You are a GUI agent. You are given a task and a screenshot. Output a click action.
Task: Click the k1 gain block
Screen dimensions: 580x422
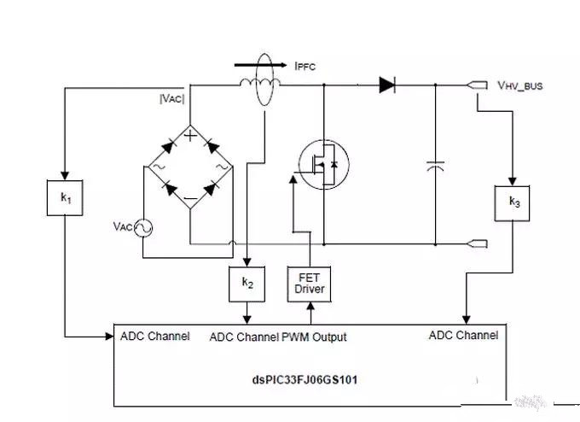tap(65, 197)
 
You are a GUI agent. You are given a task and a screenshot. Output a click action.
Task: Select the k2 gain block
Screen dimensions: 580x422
tap(247, 284)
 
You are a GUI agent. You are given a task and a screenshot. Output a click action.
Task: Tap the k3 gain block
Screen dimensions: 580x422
tap(512, 203)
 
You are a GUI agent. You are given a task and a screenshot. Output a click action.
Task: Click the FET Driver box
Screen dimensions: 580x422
tap(310, 284)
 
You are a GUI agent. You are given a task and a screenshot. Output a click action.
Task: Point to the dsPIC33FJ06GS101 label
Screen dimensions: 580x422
tap(304, 380)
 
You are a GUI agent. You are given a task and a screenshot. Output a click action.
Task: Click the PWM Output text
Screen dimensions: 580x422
tap(314, 337)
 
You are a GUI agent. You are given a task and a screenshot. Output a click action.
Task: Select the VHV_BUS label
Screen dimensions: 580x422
tap(520, 85)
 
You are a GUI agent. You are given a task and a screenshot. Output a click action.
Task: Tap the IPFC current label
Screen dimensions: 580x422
tap(305, 67)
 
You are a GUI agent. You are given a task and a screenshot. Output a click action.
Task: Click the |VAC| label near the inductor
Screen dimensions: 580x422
tap(172, 98)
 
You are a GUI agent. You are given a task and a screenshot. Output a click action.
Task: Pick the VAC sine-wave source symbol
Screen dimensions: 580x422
tap(142, 228)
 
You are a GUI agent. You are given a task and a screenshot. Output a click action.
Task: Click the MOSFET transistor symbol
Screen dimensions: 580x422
tap(323, 165)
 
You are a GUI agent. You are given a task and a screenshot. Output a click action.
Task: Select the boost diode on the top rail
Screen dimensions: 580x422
tap(387, 85)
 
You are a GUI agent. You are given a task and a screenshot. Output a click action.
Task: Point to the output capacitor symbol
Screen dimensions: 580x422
tap(435, 166)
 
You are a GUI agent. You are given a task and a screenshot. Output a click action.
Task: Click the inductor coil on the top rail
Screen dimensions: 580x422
tap(259, 83)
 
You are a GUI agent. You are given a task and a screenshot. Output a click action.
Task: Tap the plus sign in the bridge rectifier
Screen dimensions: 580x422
tap(190, 136)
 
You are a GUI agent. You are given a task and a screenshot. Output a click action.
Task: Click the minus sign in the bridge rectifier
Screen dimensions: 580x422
tap(190, 198)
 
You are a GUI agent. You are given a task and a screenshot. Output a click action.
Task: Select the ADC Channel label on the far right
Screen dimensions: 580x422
tap(463, 336)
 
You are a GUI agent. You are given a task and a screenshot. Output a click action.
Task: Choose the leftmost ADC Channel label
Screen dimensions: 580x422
tap(155, 336)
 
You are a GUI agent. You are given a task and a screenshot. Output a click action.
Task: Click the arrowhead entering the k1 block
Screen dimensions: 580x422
tap(65, 176)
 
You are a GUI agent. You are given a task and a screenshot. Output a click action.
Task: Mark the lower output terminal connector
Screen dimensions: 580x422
tap(477, 243)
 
